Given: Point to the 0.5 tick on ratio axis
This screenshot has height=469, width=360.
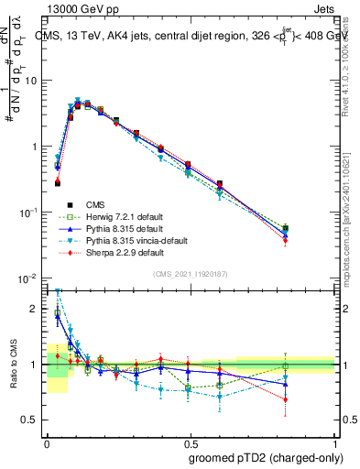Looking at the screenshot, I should (x=32, y=420).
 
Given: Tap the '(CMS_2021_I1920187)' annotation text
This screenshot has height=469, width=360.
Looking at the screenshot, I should (x=191, y=273).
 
